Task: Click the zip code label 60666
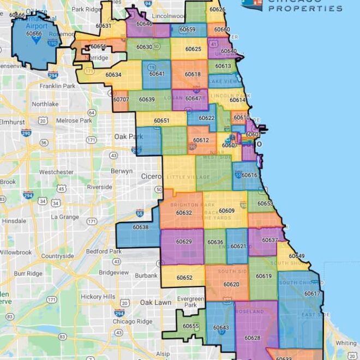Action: pyautogui.click(x=34, y=34)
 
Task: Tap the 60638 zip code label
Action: pyautogui.click(x=141, y=227)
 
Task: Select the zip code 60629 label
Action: pyautogui.click(x=184, y=242)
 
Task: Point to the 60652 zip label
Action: pyautogui.click(x=184, y=278)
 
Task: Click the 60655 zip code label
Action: pyautogui.click(x=191, y=326)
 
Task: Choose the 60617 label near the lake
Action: pyautogui.click(x=312, y=293)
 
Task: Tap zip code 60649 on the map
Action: pyautogui.click(x=297, y=256)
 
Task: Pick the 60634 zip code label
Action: pyautogui.click(x=113, y=75)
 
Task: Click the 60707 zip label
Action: pyautogui.click(x=121, y=100)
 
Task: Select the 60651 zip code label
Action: pyautogui.click(x=161, y=121)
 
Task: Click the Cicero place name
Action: pyautogui.click(x=151, y=177)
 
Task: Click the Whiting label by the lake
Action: pyautogui.click(x=346, y=343)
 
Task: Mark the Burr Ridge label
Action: pyautogui.click(x=28, y=273)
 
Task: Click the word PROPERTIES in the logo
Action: pyautogui.click(x=306, y=9)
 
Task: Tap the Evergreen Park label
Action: pyautogui.click(x=190, y=302)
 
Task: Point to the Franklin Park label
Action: pyautogui.click(x=58, y=86)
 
